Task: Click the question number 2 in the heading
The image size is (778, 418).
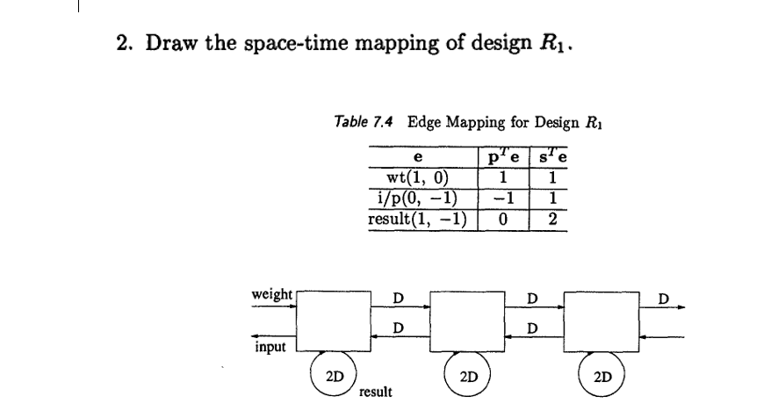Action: tap(123, 44)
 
